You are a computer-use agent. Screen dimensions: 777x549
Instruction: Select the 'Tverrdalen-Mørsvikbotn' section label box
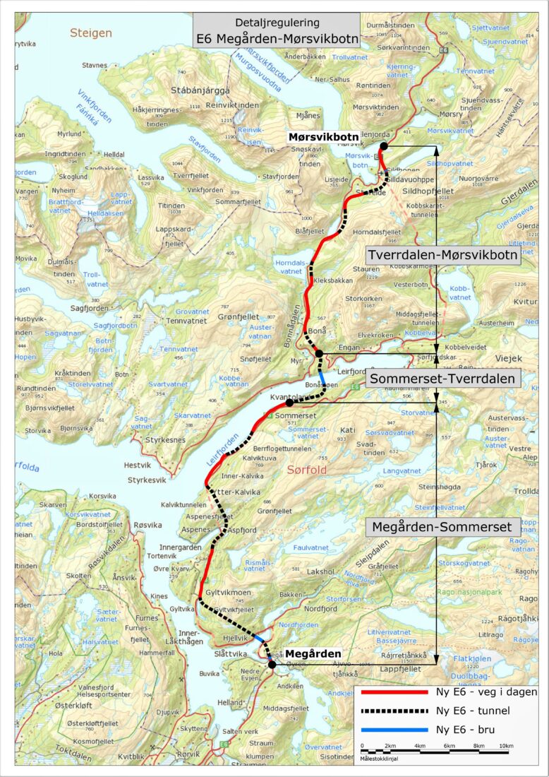(443, 254)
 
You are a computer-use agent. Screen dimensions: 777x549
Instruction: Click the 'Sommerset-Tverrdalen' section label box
(443, 378)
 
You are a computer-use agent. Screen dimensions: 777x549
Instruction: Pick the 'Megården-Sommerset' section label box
(443, 527)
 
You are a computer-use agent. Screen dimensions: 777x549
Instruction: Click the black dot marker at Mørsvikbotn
(383, 146)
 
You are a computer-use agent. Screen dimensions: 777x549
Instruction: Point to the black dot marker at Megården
(272, 664)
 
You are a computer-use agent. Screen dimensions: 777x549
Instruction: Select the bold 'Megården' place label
(313, 654)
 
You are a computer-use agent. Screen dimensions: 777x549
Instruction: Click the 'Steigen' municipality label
(90, 32)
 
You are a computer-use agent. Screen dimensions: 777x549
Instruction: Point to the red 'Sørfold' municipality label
(308, 469)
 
